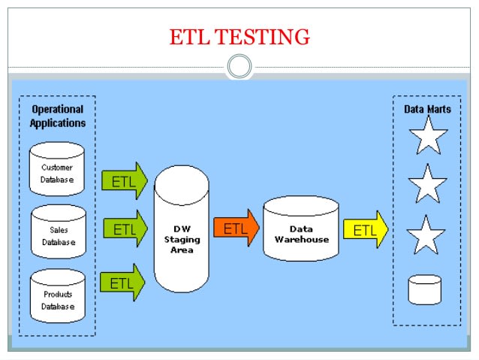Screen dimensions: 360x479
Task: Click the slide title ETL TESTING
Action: tap(239, 36)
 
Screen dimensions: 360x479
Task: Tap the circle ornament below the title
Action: tap(239, 67)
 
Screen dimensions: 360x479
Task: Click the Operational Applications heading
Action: tap(58, 116)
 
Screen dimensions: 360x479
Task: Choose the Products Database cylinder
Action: tap(58, 295)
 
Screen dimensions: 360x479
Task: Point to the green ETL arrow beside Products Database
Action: tap(122, 283)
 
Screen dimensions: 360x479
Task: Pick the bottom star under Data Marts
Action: tap(425, 235)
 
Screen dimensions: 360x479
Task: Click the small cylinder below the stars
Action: tap(425, 289)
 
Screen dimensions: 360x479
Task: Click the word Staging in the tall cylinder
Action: tap(180, 239)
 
